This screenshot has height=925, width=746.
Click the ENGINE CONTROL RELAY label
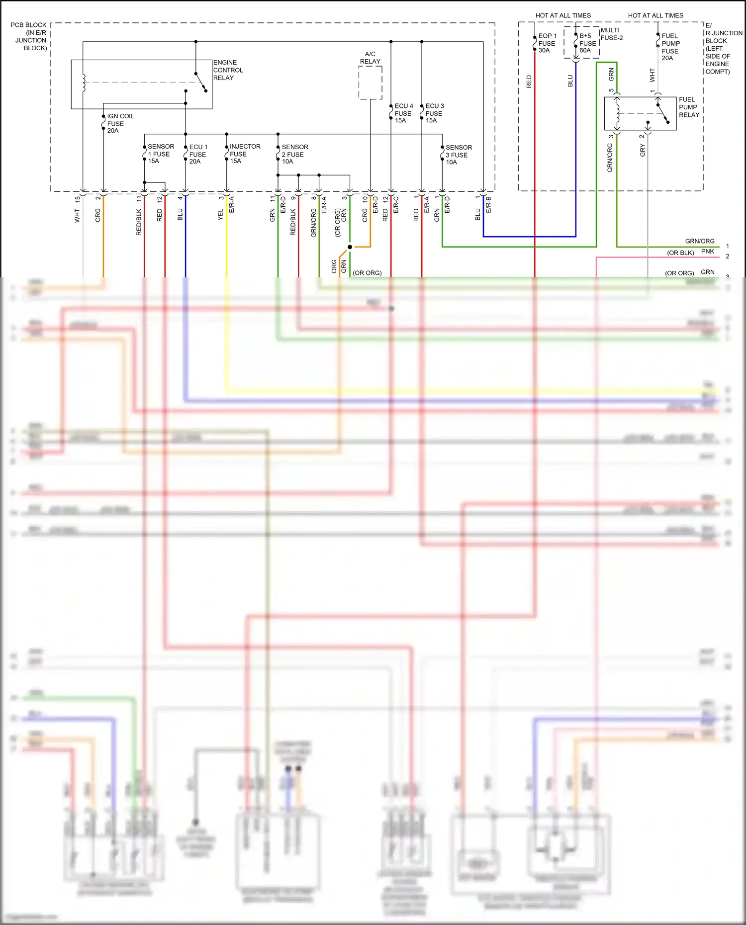(228, 70)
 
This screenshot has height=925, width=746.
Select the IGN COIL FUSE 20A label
(120, 123)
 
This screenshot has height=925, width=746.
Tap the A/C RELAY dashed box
(370, 83)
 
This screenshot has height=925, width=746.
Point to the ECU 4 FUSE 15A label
(403, 113)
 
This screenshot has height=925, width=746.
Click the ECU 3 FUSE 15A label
(434, 113)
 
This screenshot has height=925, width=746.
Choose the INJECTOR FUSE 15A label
(244, 154)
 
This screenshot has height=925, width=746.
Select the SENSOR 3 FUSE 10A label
(458, 155)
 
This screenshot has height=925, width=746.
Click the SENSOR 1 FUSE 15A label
(160, 154)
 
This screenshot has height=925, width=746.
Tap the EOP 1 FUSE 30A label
(547, 43)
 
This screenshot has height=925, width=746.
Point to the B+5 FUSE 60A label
(587, 43)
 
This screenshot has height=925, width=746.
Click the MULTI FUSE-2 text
(611, 34)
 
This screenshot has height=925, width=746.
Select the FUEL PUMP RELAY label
(689, 107)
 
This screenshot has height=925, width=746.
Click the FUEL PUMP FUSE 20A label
(670, 47)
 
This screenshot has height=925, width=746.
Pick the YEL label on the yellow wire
(220, 215)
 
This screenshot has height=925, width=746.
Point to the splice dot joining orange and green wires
(350, 247)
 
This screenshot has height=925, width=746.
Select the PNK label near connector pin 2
(707, 252)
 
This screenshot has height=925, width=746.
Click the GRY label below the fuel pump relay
(642, 151)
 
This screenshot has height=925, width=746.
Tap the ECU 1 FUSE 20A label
(198, 154)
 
